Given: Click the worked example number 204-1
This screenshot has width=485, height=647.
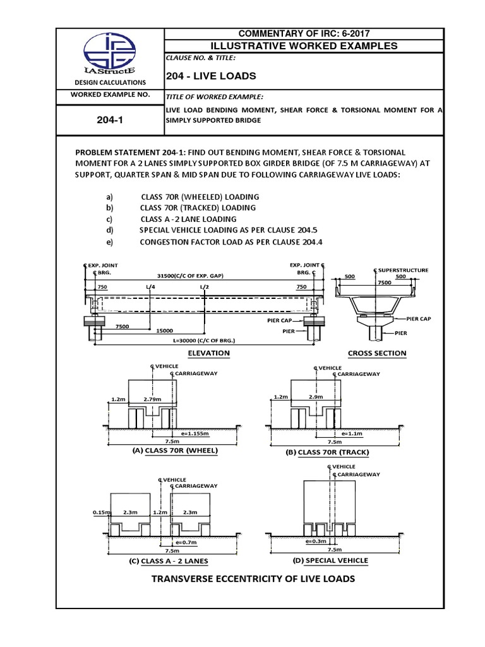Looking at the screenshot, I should point(110,119).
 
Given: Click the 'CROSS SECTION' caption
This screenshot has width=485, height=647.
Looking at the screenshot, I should point(377,353).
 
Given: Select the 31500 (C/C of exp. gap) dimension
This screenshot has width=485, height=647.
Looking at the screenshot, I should point(192,276).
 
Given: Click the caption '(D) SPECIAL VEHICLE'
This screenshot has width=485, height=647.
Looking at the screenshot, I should point(330,560).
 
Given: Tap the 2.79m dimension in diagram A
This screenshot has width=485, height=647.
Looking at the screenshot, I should point(153,399).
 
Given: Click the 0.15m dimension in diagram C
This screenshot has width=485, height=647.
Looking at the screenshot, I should point(100,513).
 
